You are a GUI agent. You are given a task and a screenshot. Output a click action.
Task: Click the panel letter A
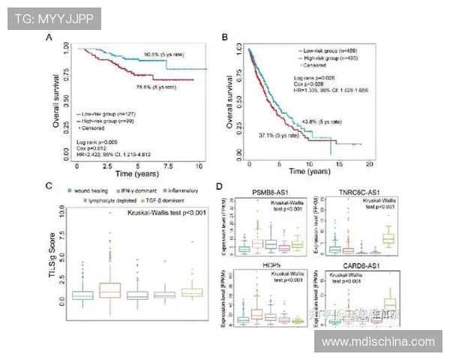(49, 37)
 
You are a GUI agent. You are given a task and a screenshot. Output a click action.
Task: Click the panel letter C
(49, 186)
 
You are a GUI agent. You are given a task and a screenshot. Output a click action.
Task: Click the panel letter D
(218, 186)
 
